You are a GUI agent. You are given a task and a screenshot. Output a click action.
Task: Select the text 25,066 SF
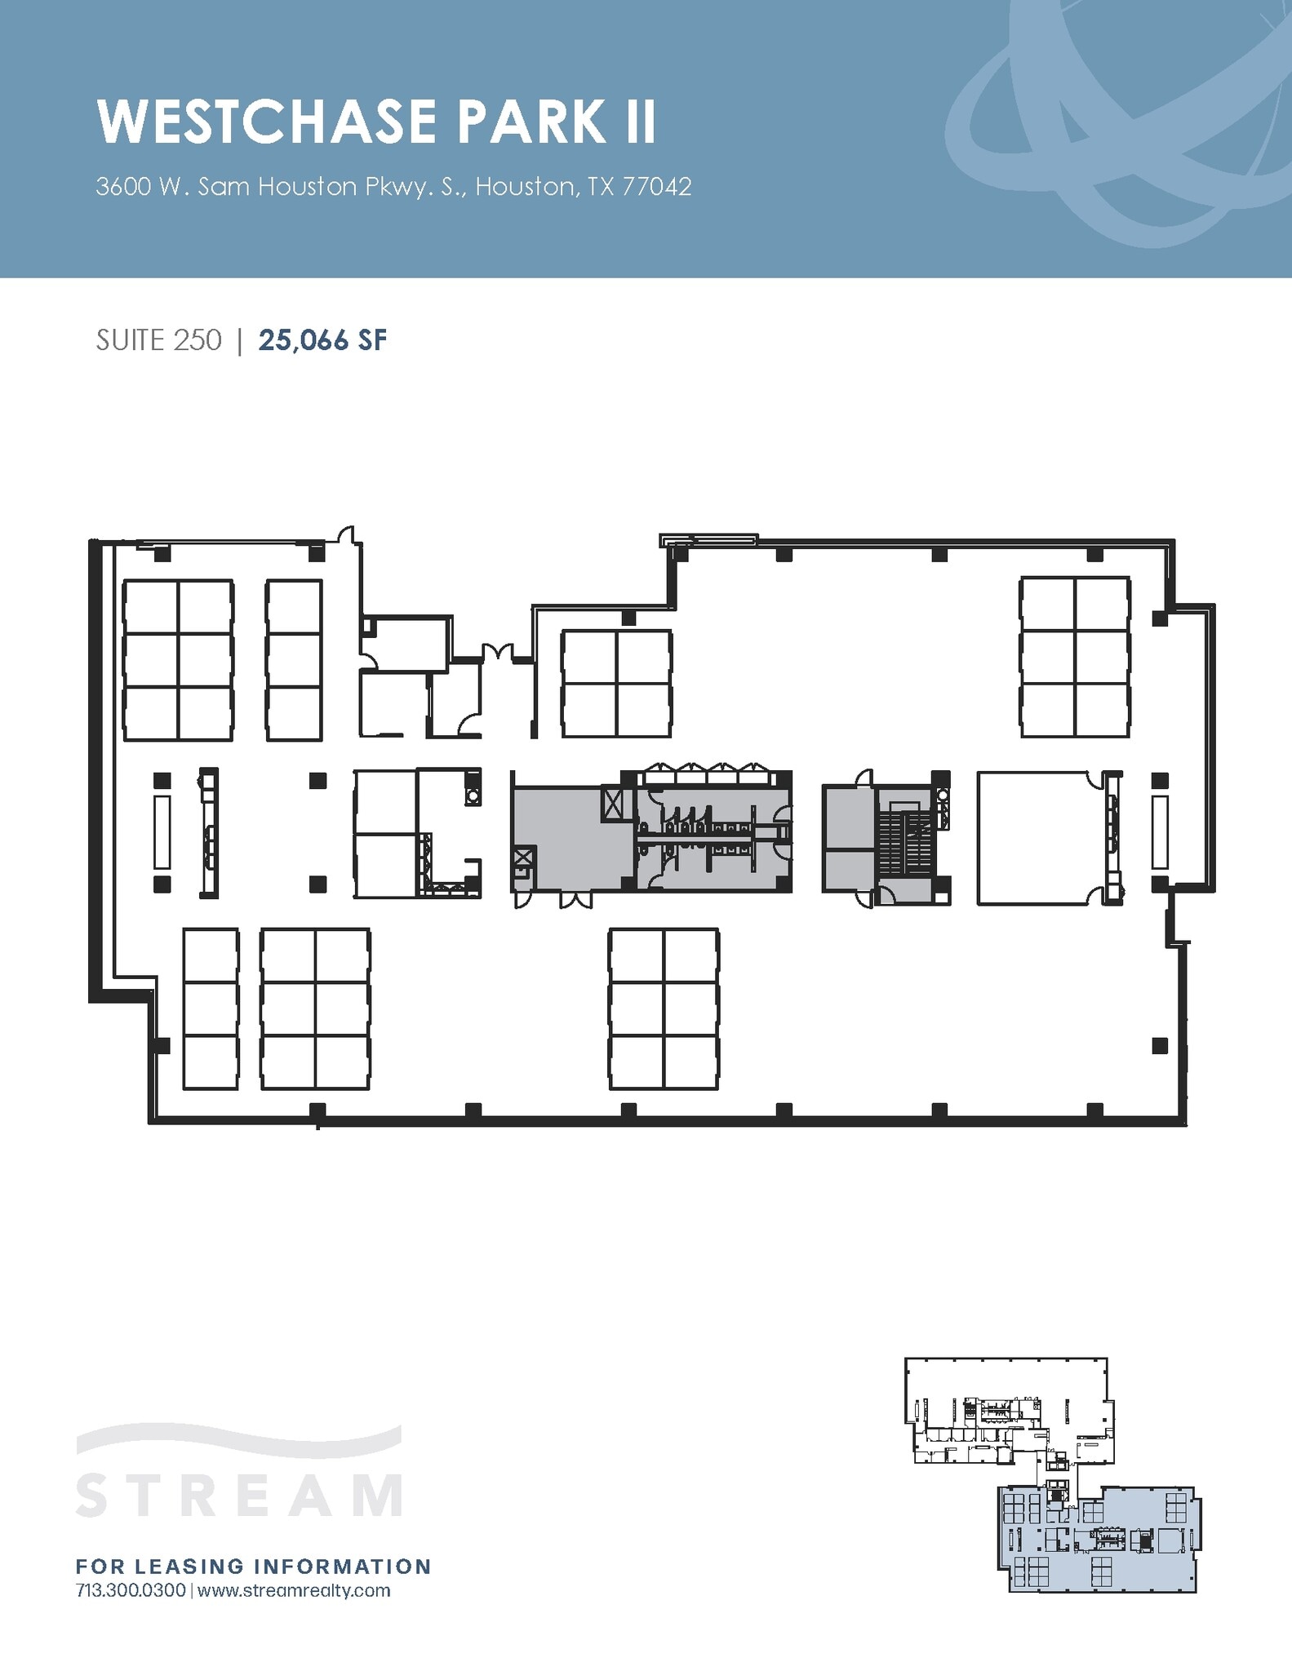tap(322, 340)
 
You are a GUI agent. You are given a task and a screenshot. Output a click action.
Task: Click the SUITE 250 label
tap(158, 340)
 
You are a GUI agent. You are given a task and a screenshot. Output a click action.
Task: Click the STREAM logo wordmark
tap(239, 1494)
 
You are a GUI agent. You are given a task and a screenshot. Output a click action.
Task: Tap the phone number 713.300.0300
tap(131, 1591)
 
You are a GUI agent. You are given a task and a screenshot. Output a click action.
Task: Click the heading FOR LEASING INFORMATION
tap(253, 1566)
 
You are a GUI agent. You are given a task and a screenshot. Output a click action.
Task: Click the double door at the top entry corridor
tap(497, 653)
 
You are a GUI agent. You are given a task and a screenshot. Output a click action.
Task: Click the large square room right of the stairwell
tap(1037, 838)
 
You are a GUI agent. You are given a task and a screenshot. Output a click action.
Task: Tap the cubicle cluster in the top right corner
tap(1075, 657)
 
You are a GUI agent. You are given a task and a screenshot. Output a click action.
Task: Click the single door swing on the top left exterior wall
tap(348, 534)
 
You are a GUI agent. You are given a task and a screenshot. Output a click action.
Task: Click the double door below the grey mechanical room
tap(576, 899)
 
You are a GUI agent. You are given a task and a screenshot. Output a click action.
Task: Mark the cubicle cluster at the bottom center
tap(664, 1008)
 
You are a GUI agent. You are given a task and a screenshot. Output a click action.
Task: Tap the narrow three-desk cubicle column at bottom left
tap(211, 1008)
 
